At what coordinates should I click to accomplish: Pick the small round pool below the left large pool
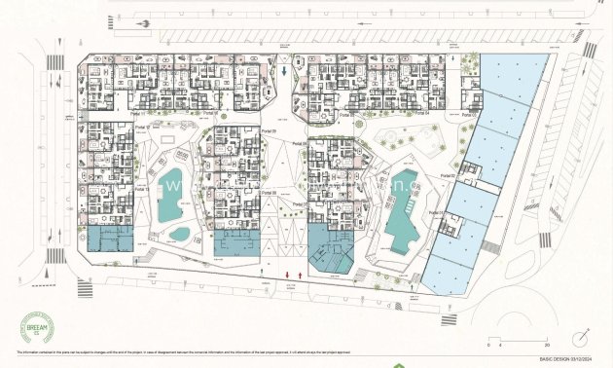180,234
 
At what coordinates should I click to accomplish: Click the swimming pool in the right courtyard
401,211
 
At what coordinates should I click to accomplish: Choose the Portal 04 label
420,113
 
